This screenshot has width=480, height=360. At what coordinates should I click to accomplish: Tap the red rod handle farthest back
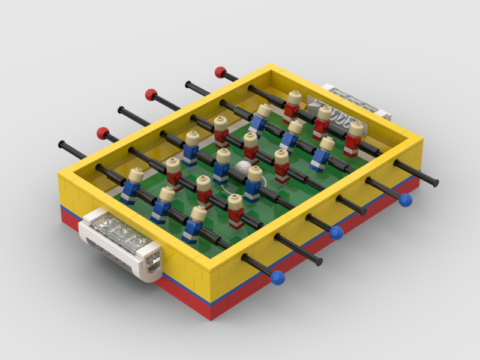[x=220, y=72]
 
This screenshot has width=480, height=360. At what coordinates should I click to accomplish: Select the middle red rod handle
[x=151, y=94]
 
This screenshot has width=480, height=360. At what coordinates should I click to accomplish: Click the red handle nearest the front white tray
[x=103, y=132]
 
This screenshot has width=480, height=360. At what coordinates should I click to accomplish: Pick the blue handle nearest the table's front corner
[x=277, y=277]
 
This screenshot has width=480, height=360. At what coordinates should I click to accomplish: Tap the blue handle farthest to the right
[x=406, y=200]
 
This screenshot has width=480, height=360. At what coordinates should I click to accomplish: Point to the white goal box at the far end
[x=354, y=102]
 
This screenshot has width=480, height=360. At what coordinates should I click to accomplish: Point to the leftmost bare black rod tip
[x=62, y=144]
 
